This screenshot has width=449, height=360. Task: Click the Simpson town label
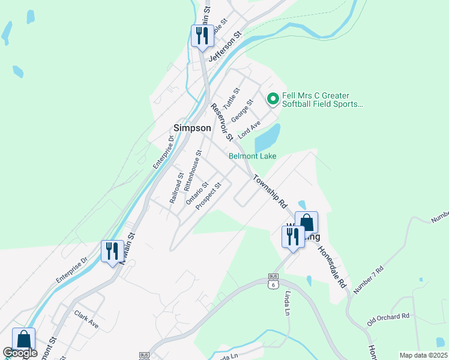pos(191,128)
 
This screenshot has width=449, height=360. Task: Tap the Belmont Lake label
pos(252,156)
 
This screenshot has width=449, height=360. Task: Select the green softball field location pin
pos(273,97)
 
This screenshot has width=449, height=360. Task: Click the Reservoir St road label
pos(221,122)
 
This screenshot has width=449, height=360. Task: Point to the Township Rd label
pos(270,191)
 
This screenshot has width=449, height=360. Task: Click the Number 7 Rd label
pos(368,280)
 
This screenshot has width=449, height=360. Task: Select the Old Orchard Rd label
pos(388,316)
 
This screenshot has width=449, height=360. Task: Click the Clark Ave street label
pos(86,318)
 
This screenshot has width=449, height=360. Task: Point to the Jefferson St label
pos(224,47)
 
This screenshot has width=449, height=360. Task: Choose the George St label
pos(243,111)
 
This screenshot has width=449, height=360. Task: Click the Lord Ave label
pos(249,130)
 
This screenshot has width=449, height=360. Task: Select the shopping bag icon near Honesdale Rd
pos(306,222)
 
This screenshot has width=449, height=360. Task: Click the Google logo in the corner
pos(19,353)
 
